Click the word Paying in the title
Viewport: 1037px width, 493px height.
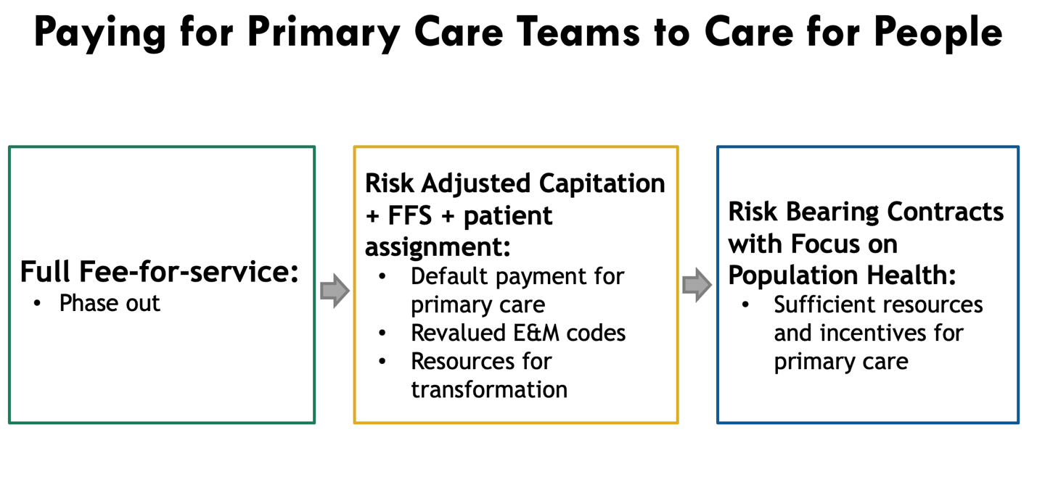point(99,33)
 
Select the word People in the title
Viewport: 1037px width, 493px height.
point(938,33)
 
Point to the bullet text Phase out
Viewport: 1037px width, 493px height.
point(110,303)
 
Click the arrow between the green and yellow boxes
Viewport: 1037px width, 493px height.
point(335,291)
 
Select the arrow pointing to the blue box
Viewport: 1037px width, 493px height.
point(697,286)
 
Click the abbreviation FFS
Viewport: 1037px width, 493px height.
point(410,215)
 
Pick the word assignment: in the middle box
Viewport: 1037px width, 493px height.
point(438,247)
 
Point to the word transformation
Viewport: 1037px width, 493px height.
point(489,389)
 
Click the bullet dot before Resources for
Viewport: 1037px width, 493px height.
point(382,361)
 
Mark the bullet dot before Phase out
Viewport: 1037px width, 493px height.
point(37,304)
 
